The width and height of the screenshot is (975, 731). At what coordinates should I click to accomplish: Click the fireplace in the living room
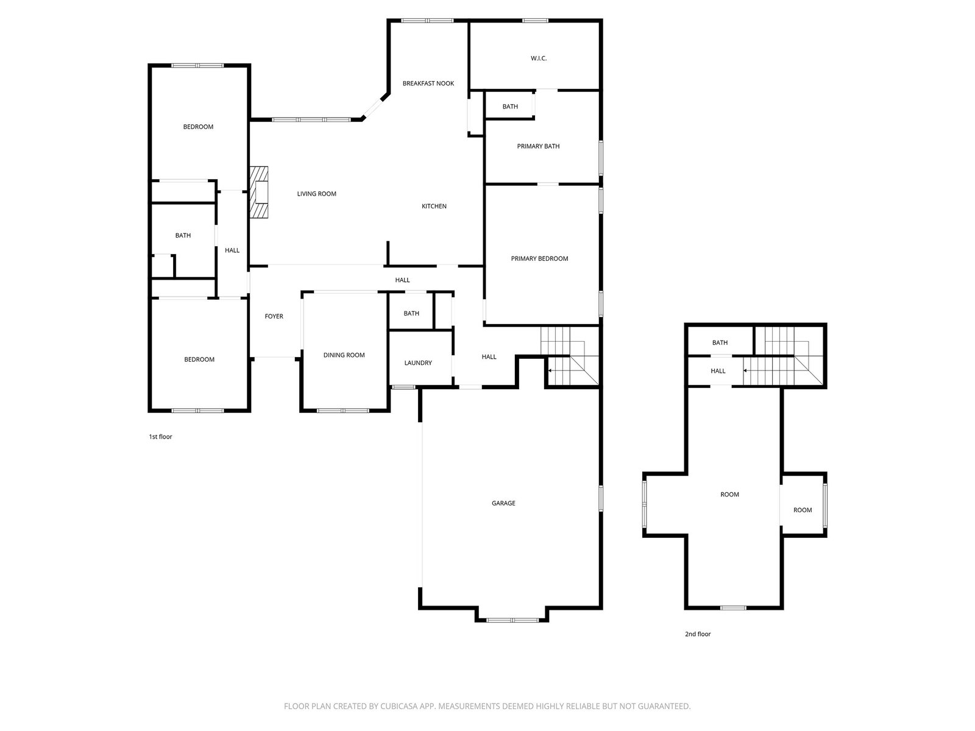(258, 192)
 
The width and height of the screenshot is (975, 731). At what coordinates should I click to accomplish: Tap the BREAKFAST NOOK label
(428, 83)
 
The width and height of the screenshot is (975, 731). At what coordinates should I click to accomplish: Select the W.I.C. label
(538, 58)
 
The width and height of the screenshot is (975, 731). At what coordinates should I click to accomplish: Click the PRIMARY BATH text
(538, 146)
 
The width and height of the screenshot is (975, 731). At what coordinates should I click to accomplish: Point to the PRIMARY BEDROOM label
(539, 258)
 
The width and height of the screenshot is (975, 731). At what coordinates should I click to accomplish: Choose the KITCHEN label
(434, 206)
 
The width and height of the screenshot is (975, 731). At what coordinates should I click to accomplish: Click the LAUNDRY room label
(418, 362)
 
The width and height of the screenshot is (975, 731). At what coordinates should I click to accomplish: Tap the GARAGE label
(503, 503)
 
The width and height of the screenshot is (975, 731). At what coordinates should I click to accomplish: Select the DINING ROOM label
(344, 355)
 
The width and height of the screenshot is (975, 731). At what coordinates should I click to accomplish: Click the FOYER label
(274, 316)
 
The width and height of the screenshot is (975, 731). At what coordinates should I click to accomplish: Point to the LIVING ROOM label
(316, 194)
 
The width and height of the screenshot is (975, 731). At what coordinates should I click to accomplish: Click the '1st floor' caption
(160, 437)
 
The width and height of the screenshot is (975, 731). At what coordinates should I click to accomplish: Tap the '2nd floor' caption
(697, 634)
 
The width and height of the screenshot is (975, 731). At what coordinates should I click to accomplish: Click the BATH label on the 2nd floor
(720, 342)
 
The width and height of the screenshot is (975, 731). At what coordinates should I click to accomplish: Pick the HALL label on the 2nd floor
(718, 371)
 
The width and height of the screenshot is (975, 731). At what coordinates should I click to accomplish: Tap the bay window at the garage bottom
(512, 620)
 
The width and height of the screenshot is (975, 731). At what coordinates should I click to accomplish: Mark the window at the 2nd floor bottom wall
(733, 607)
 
